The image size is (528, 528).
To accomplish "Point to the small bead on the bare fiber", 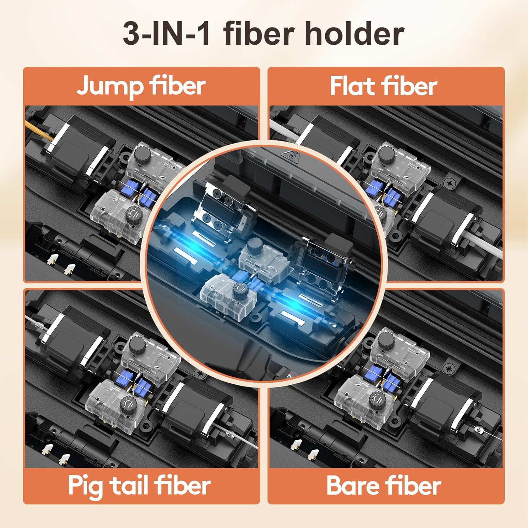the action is pyautogui.click(x=477, y=429).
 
